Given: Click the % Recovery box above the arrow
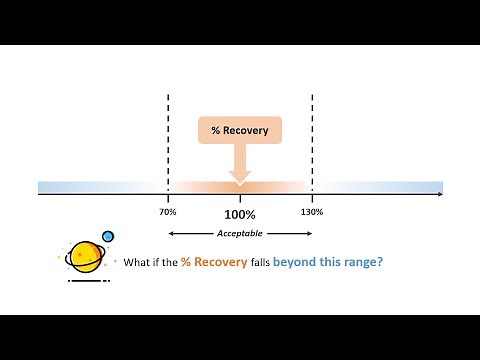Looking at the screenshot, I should click(x=240, y=130).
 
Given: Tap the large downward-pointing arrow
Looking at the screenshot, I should click(x=240, y=165).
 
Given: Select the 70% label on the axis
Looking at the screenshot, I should click(x=167, y=212).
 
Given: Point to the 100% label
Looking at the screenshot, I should click(x=240, y=214).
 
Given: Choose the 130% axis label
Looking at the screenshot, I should click(x=312, y=212).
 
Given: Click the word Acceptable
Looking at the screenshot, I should click(x=240, y=234).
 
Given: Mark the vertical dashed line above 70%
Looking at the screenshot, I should click(x=167, y=140).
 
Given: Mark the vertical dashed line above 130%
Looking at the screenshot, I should click(x=313, y=140).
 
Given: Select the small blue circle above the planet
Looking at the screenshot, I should click(x=108, y=237).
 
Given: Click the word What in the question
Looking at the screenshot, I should click(x=136, y=264).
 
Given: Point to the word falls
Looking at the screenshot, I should click(x=263, y=264).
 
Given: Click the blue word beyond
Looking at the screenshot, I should click(x=304, y=264).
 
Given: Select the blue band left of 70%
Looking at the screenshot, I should click(x=100, y=187).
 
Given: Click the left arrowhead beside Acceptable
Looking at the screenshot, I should click(x=170, y=234).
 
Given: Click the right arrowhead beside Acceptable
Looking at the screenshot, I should click(x=310, y=234).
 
